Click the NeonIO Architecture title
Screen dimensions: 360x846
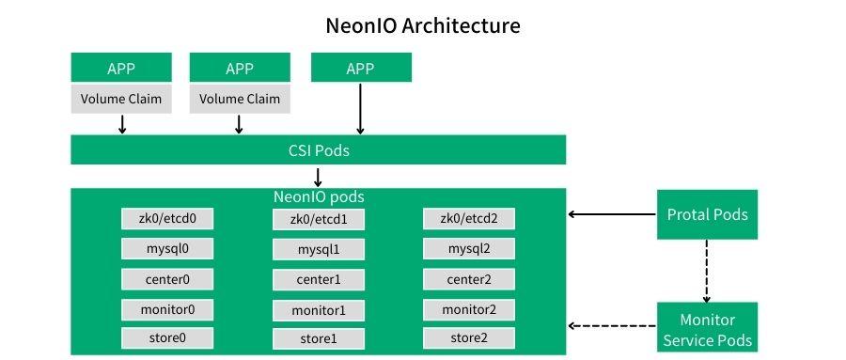point(422,25)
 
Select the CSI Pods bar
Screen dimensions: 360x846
point(319,149)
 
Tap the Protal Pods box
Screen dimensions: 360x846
point(707,214)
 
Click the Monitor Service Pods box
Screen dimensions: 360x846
point(707,328)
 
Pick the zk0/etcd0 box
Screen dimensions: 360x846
point(167,219)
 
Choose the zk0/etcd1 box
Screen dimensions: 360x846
point(319,220)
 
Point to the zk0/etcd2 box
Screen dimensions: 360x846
point(467,219)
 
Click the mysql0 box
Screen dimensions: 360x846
point(167,249)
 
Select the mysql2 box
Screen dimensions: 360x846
point(467,249)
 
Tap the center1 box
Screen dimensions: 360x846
point(319,280)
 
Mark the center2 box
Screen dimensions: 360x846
point(467,279)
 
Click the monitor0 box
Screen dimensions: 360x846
point(167,309)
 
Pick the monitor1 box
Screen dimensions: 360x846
point(319,310)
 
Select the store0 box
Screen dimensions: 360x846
point(167,337)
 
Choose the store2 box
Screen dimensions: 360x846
point(467,337)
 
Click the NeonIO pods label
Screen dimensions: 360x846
point(319,197)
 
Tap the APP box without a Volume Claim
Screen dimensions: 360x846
point(360,68)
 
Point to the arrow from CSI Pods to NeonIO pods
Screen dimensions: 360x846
point(319,176)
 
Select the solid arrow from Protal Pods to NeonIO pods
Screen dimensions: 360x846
point(612,214)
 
